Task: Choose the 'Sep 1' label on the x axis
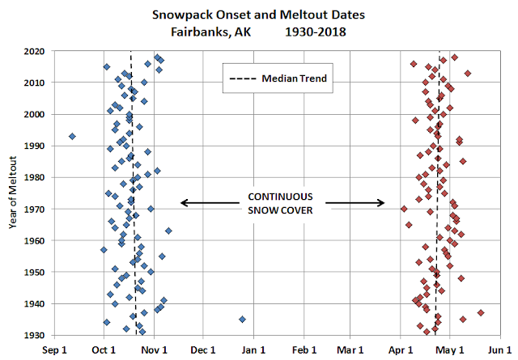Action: tap(54, 350)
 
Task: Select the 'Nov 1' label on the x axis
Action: tap(154, 350)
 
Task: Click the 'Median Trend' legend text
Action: tap(288, 79)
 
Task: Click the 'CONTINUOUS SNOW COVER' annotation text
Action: tap(281, 203)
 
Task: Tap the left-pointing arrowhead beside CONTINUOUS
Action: tap(184, 203)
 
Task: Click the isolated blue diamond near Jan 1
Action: tap(242, 320)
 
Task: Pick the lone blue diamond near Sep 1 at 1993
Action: tap(72, 136)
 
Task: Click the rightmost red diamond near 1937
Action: tap(481, 312)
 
